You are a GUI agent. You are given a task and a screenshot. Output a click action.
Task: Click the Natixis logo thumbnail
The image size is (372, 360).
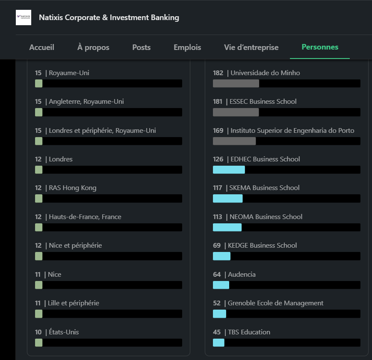[x=24, y=18]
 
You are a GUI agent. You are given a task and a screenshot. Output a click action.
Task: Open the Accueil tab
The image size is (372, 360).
[x=42, y=47]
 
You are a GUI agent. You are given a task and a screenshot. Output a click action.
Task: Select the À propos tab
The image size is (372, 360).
[x=93, y=47]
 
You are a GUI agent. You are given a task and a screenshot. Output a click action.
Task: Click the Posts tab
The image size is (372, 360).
[x=142, y=47]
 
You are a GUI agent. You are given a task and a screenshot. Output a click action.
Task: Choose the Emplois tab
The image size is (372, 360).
[x=187, y=47]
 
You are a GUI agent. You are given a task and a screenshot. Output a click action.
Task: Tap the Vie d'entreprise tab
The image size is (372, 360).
[x=251, y=47]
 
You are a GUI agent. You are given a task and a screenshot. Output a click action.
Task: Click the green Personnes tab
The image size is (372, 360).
[x=320, y=47]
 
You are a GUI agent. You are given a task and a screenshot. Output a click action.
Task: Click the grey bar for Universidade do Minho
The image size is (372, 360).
[x=236, y=83]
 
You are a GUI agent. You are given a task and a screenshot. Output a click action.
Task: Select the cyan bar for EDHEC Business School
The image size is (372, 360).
[x=229, y=170]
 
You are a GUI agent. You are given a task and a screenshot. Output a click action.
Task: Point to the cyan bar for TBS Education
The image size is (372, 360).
[x=219, y=342]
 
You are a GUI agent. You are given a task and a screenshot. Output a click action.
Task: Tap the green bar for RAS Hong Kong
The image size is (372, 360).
[x=38, y=199]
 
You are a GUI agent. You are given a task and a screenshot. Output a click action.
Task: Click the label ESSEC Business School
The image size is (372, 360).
[x=263, y=102]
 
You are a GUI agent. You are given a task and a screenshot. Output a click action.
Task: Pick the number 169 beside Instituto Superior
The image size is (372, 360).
[x=218, y=131]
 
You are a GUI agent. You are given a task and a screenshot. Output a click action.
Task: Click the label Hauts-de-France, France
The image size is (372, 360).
[x=85, y=217]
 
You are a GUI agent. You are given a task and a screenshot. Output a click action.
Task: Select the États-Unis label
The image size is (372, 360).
[x=64, y=332]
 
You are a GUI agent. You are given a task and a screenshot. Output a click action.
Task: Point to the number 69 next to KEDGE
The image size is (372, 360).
[x=217, y=245]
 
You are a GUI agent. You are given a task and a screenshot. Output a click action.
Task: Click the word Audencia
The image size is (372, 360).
[x=242, y=275]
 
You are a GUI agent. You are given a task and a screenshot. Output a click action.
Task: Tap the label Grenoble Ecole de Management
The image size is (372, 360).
[x=275, y=303]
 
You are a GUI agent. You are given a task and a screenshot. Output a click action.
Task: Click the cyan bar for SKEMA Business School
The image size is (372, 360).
[x=228, y=199]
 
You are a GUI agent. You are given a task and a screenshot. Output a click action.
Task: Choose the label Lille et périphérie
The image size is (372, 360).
[x=74, y=303]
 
